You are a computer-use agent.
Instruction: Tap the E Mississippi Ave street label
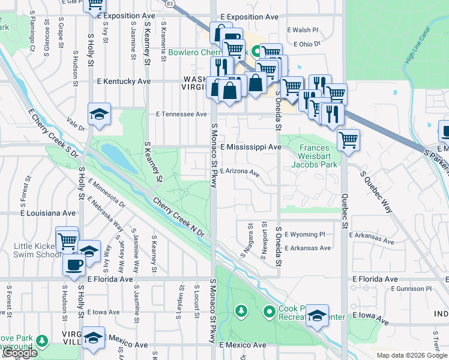250,147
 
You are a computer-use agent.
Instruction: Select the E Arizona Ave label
240,172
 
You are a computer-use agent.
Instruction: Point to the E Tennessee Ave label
181,114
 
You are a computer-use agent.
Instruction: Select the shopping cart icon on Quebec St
348,140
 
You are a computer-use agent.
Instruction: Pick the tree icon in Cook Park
241,311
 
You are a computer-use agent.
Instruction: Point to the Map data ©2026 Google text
411,355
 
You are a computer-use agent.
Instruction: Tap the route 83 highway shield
170,4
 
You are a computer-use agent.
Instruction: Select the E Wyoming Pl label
304,234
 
